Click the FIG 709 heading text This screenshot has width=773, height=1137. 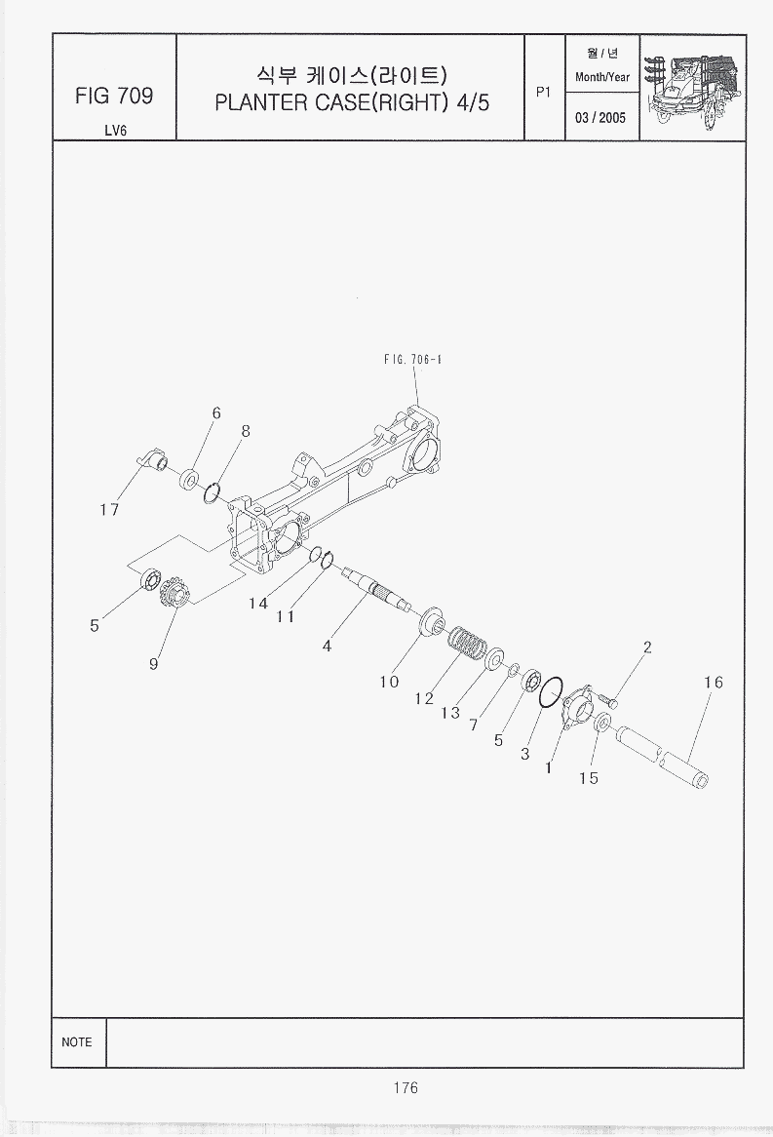114,96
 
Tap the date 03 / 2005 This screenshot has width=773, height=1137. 600,117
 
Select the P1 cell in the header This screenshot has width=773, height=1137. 543,92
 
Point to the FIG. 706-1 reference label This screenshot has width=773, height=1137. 412,359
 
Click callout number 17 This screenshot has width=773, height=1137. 109,510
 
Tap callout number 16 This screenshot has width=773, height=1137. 713,683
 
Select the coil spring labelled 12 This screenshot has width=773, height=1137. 469,644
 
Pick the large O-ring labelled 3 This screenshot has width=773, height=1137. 552,692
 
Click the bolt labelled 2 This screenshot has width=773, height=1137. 608,701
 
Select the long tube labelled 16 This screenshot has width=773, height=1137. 662,757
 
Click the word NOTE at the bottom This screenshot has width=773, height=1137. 77,1042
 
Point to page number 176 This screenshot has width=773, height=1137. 406,1087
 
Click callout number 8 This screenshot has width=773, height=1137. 246,431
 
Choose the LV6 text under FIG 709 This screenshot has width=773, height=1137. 115,131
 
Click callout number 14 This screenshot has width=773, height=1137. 258,604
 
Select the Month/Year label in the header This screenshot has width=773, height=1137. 601,77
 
